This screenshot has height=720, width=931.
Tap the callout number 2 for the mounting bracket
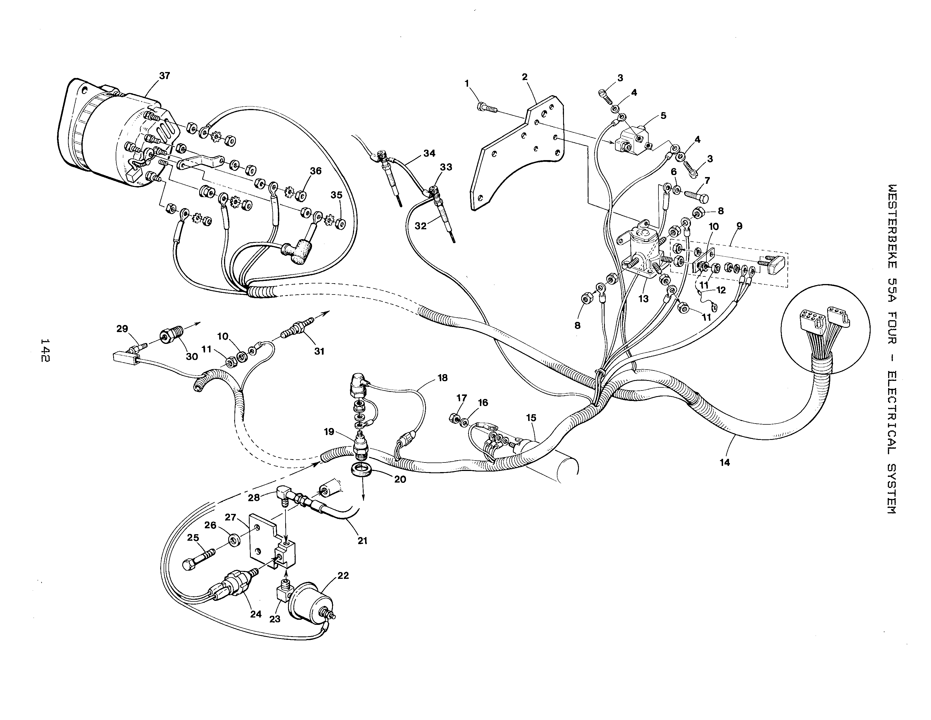[x=524, y=77]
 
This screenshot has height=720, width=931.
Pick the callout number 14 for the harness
[x=725, y=462]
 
